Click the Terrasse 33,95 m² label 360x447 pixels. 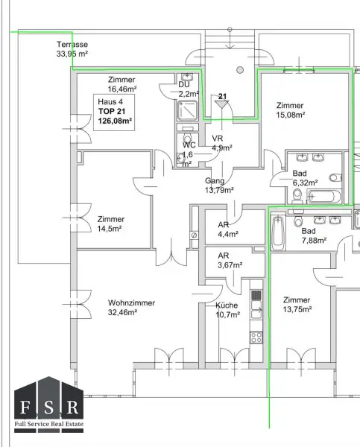72,49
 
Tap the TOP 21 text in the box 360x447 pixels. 112,111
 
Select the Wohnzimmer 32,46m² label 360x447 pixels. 131,307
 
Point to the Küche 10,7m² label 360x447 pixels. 227,310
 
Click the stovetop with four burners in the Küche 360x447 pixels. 256,337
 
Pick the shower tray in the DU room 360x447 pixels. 187,110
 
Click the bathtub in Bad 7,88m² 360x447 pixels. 278,233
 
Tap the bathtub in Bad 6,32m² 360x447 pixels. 324,197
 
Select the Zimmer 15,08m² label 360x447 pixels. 291,110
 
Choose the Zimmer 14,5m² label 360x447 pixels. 110,223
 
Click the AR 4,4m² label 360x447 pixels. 228,229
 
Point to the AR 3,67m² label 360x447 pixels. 230,260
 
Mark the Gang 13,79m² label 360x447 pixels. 219,186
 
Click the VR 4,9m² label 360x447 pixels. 222,143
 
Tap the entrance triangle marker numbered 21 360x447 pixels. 222,104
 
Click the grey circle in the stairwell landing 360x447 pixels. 240,70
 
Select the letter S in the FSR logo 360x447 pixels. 48,408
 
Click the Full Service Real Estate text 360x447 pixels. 49,424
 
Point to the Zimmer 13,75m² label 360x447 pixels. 297,305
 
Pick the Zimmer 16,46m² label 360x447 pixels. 122,84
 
